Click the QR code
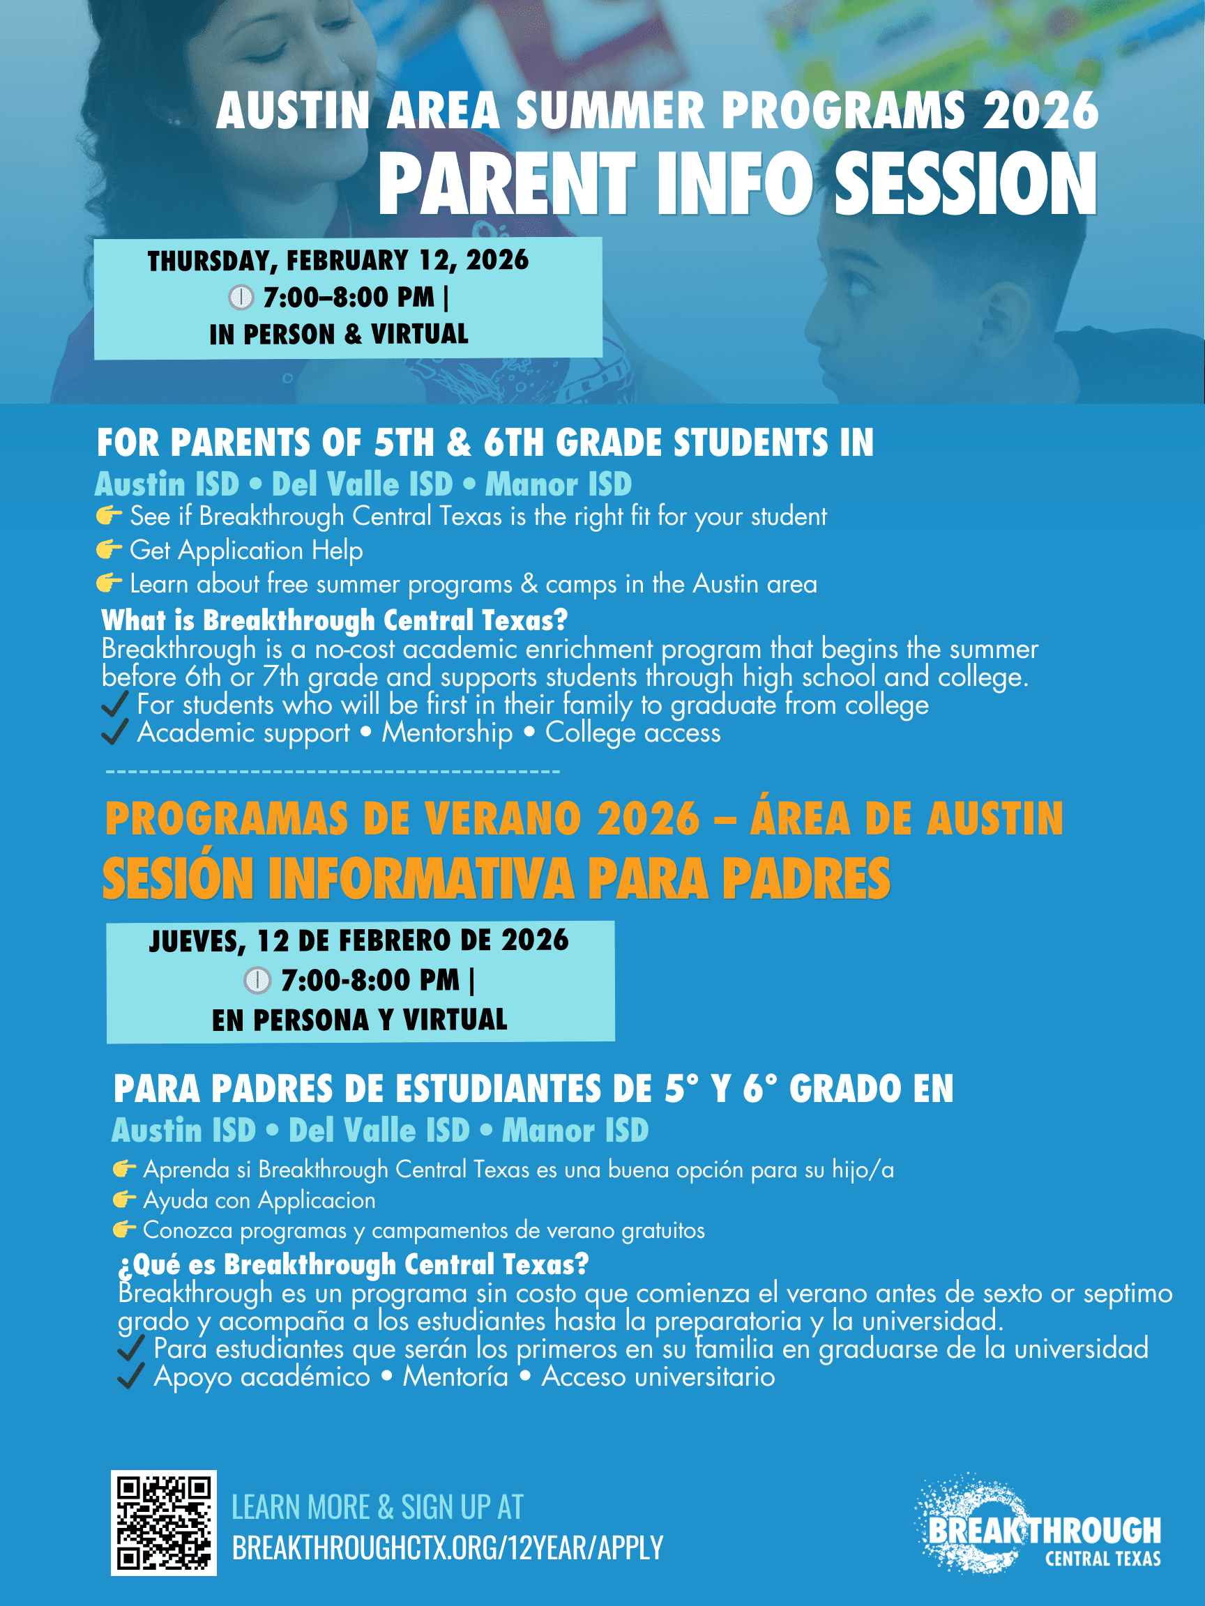[x=163, y=1522]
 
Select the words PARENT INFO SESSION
[x=736, y=185]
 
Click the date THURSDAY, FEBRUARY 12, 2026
[x=338, y=261]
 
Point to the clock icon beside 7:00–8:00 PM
[x=241, y=297]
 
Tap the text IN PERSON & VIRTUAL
[x=338, y=335]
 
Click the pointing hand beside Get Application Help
[x=109, y=549]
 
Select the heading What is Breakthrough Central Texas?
[x=334, y=620]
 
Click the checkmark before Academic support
[x=115, y=732]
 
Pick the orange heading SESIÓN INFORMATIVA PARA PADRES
[x=496, y=878]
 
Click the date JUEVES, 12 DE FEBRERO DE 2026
[x=359, y=940]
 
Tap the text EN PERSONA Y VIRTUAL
[x=360, y=1020]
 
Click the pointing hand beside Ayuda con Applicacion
[x=124, y=1200]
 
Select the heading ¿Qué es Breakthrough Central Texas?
[x=353, y=1264]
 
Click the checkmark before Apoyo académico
[x=130, y=1376]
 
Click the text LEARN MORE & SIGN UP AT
[x=377, y=1507]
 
